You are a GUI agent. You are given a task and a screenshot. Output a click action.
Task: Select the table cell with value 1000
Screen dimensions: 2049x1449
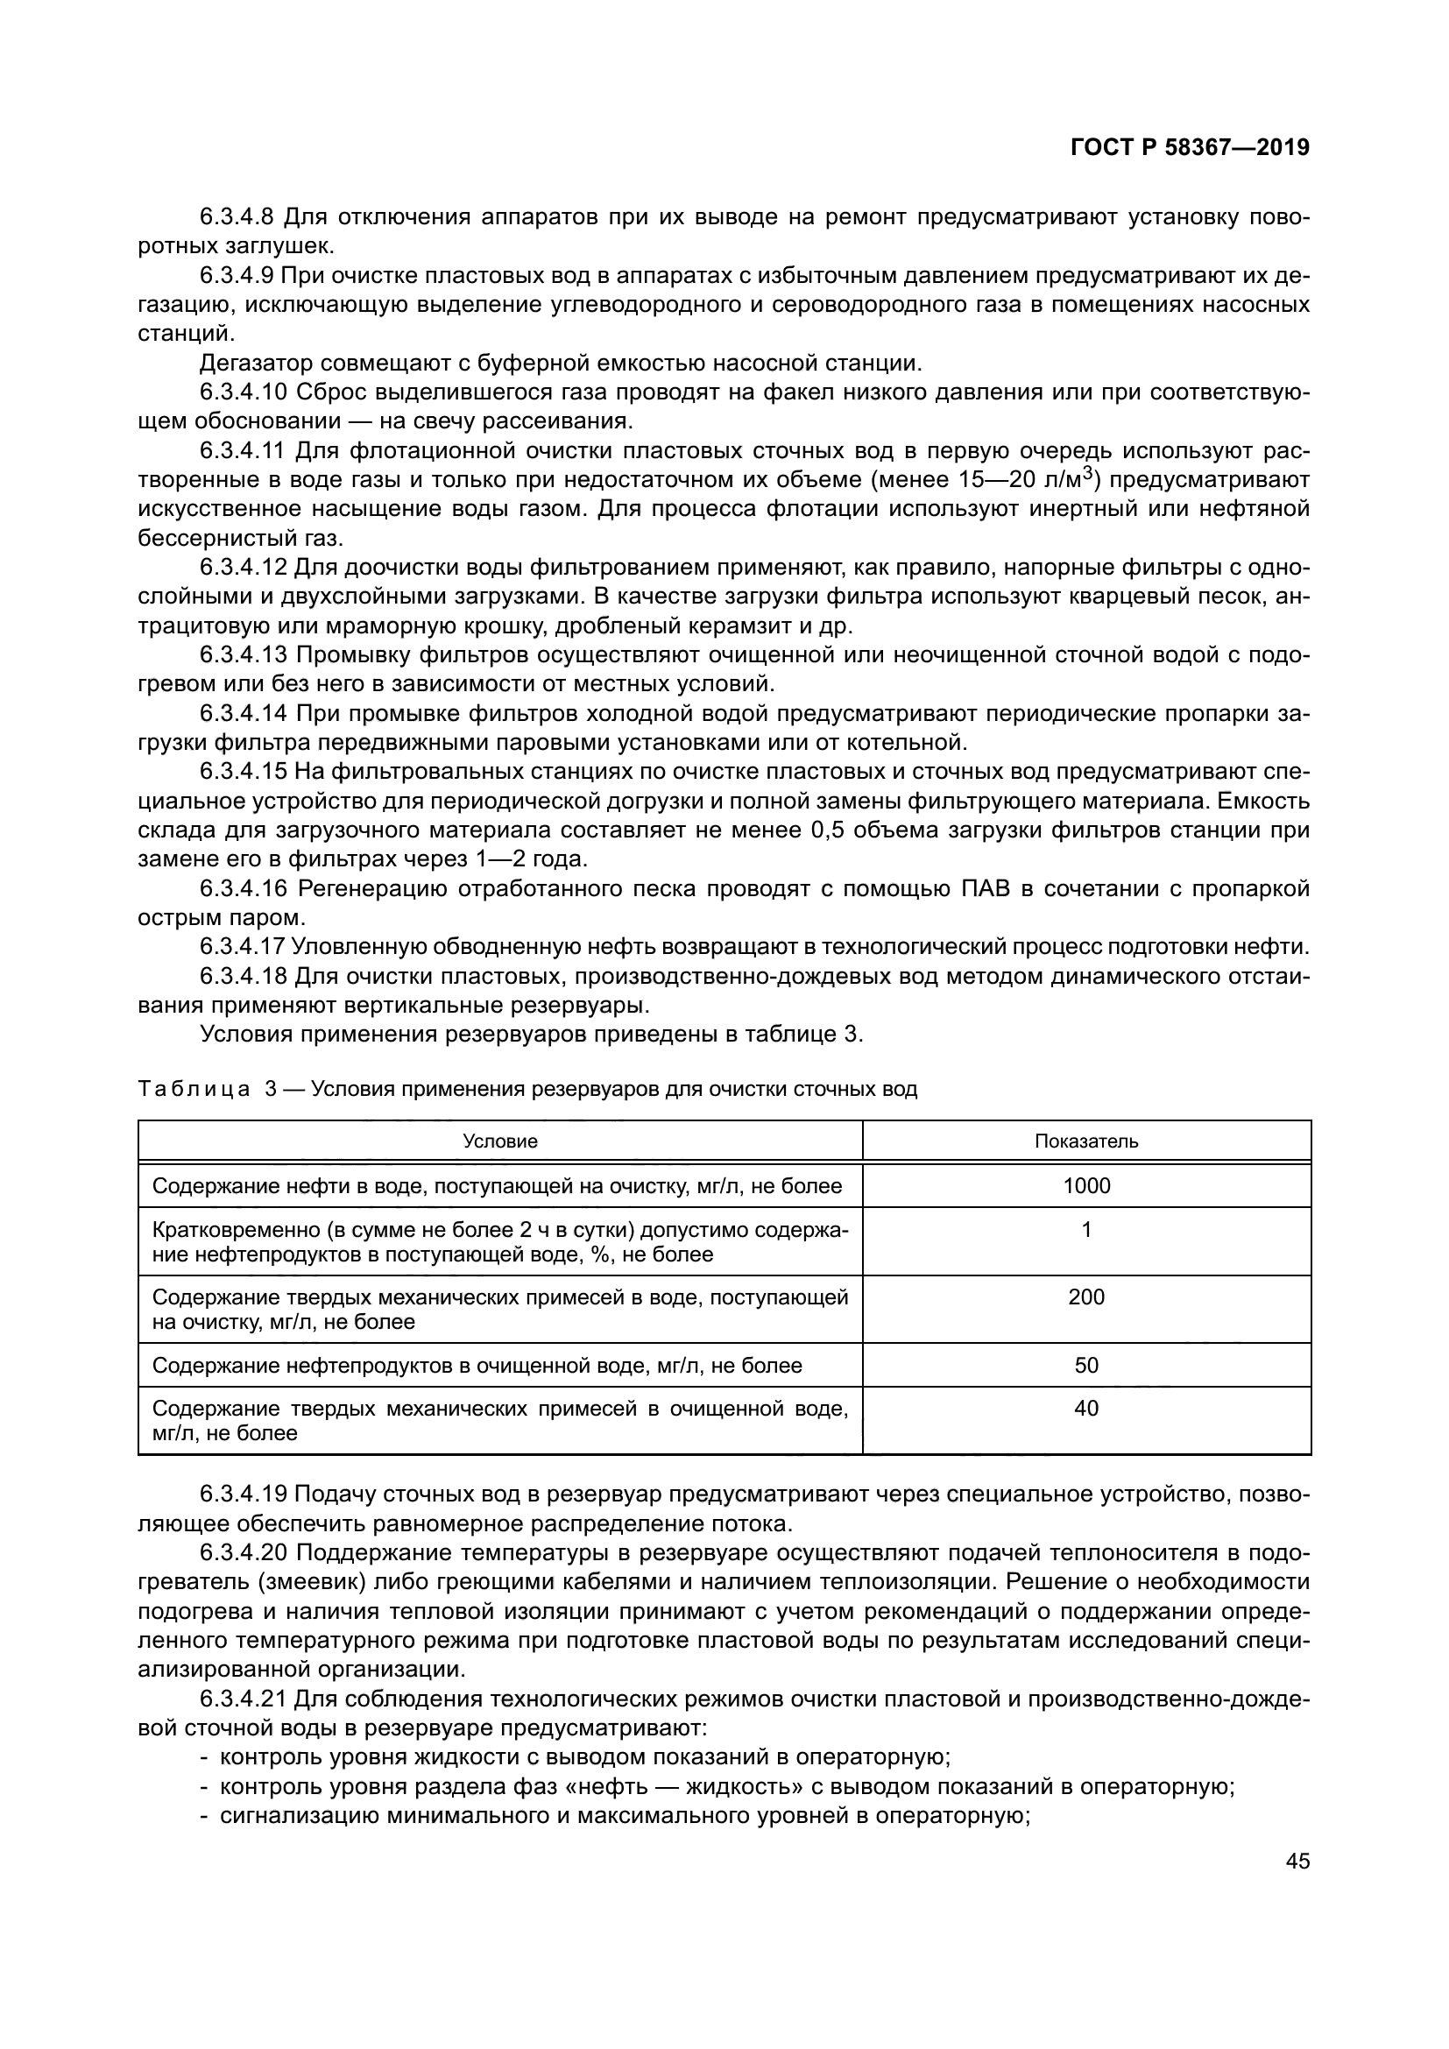pyautogui.click(x=1085, y=1186)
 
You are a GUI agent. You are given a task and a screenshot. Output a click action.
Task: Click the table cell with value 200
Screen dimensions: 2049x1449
pyautogui.click(x=1085, y=1297)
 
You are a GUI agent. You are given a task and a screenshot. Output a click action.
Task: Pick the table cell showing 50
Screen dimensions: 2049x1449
pyautogui.click(x=1085, y=1366)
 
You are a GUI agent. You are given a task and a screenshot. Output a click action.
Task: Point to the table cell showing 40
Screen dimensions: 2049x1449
pyautogui.click(x=1085, y=1410)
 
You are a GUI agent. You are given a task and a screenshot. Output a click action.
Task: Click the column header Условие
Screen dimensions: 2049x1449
pyautogui.click(x=499, y=1141)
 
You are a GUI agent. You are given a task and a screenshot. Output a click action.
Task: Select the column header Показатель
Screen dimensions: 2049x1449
pyautogui.click(x=1085, y=1141)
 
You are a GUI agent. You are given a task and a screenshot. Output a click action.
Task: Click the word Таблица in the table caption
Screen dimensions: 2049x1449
pyautogui.click(x=194, y=1090)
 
